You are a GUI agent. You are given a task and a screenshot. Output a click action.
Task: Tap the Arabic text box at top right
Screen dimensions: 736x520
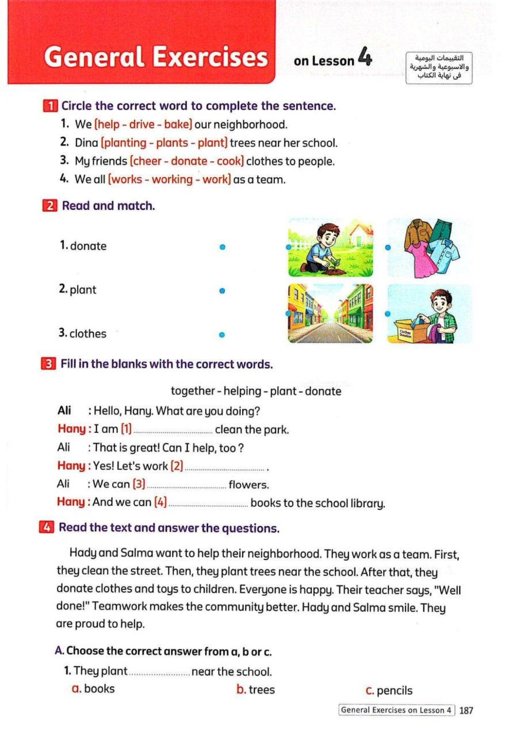point(439,68)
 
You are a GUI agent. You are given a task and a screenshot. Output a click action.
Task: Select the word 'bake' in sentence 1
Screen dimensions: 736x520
point(177,124)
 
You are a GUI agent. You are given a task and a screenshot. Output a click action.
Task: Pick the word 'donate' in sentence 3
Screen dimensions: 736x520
point(189,161)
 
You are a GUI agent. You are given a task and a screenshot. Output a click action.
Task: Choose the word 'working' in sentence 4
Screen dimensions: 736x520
point(170,179)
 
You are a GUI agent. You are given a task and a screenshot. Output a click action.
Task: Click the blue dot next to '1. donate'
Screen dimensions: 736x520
point(222,247)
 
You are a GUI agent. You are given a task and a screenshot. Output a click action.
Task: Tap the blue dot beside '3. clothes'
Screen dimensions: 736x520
point(221,334)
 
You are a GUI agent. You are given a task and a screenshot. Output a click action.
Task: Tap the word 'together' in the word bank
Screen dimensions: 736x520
point(192,392)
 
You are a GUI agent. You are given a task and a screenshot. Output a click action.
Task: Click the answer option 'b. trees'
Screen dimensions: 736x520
point(256,689)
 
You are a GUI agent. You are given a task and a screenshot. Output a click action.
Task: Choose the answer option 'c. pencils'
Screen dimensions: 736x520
point(389,691)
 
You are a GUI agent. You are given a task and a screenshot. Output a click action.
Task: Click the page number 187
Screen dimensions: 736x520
point(466,710)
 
